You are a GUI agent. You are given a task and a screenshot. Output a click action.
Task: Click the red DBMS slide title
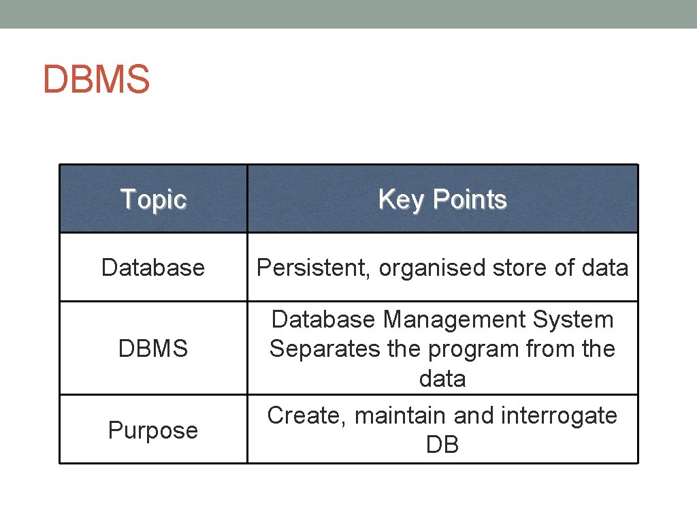(96, 80)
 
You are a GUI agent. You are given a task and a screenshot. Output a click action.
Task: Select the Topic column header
(153, 200)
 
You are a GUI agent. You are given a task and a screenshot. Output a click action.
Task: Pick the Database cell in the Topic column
(153, 268)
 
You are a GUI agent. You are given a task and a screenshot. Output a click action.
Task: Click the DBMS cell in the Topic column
(153, 349)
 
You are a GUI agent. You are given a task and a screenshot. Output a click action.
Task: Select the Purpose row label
(153, 430)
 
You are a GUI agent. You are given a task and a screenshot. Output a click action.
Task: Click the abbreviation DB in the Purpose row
(442, 445)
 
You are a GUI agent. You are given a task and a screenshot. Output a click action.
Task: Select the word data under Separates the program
(442, 379)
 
